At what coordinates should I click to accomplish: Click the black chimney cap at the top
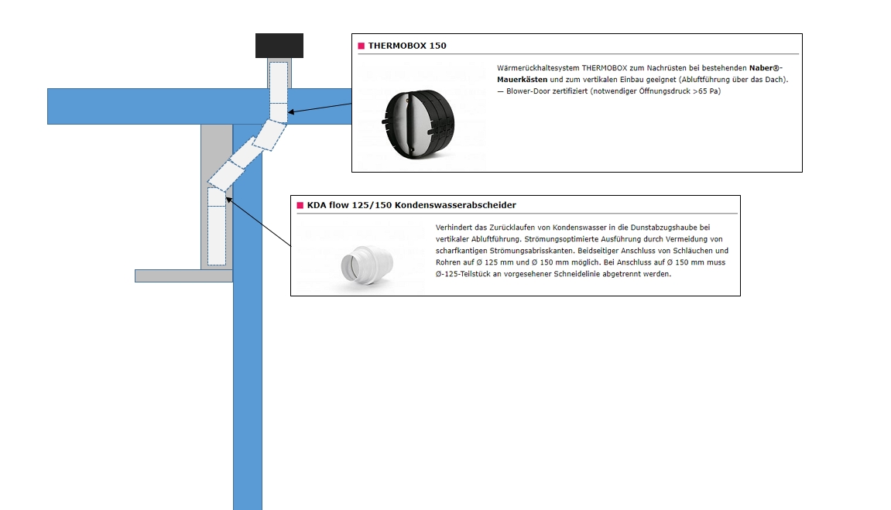coord(279,46)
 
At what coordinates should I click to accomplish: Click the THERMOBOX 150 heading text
coord(407,46)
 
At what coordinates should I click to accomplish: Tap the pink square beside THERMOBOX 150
coord(361,46)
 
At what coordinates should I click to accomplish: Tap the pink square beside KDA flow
coord(300,205)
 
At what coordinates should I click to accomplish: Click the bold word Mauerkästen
coord(522,80)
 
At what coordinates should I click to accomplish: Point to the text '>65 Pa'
coord(707,91)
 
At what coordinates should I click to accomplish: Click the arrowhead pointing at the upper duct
coord(291,113)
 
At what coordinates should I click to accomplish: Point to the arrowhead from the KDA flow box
coord(228,200)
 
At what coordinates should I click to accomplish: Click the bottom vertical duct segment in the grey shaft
coord(217,235)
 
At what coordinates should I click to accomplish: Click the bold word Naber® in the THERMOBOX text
coord(766,68)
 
